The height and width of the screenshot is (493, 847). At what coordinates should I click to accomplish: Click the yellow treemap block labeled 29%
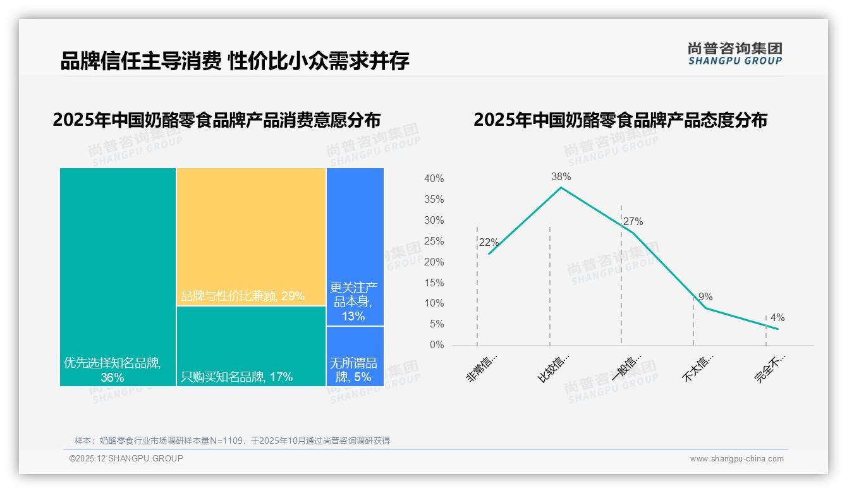[251, 236]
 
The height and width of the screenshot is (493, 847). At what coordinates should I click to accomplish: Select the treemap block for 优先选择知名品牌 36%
[118, 276]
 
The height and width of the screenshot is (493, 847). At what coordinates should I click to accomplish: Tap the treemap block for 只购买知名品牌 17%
[251, 346]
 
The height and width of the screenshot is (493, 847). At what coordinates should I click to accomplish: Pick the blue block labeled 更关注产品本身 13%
[355, 246]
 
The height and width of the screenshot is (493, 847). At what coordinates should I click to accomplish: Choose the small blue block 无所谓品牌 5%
[355, 356]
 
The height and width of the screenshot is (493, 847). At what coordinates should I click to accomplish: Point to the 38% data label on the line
[561, 177]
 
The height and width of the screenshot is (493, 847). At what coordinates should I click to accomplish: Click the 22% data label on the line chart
[489, 243]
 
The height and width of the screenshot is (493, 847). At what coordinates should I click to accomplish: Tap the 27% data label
[633, 222]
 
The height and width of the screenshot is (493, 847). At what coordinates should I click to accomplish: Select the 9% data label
[705, 297]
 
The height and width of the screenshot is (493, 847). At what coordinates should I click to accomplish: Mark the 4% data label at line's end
[777, 318]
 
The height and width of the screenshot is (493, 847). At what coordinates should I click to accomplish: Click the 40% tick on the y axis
[434, 179]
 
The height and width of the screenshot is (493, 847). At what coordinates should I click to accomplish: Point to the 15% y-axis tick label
[434, 283]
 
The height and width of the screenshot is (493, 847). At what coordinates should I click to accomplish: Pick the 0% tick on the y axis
[437, 345]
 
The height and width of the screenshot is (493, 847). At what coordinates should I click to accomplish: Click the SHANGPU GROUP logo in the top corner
[734, 54]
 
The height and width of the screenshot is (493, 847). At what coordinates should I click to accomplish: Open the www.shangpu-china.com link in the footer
[736, 459]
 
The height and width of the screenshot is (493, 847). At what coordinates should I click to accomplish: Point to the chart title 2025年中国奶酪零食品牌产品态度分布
[620, 120]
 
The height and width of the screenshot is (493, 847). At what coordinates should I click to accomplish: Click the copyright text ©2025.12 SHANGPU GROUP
[126, 458]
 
